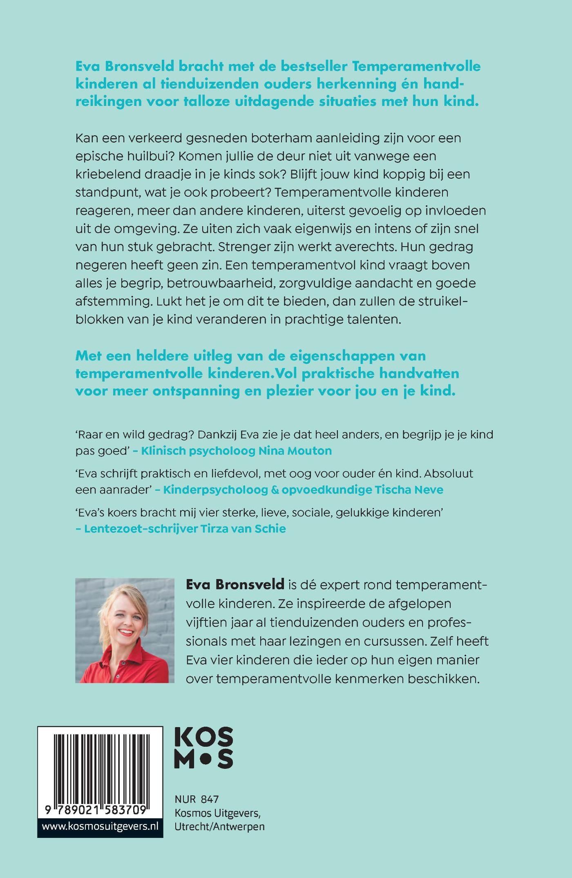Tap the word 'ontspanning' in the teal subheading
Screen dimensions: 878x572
196,391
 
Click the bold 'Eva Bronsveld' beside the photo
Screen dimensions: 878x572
235,584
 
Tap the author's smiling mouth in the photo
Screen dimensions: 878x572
126,632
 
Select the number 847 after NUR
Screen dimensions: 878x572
210,799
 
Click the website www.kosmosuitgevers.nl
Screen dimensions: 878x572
100,826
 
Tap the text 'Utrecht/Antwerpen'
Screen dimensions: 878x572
219,826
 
